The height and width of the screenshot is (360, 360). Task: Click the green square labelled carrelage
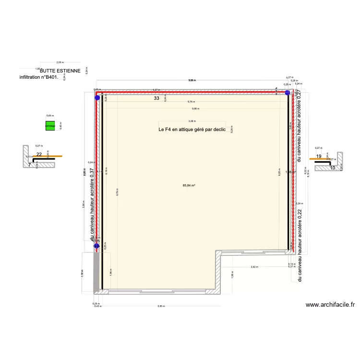point(50,126)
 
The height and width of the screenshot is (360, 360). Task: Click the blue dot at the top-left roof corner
point(97,97)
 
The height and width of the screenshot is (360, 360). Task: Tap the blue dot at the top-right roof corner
point(288,93)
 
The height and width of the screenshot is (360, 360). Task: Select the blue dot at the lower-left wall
point(96,246)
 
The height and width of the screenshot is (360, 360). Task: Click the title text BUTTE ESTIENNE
point(60,71)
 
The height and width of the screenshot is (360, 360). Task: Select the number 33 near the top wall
point(156,98)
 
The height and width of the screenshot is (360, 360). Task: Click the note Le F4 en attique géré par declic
point(195,130)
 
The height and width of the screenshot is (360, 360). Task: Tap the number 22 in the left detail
point(39,155)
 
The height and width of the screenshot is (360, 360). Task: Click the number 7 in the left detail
point(29,165)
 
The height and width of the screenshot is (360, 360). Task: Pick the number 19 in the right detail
point(319,156)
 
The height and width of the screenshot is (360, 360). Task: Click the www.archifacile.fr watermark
point(330,304)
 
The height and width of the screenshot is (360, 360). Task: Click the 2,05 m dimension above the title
point(60,62)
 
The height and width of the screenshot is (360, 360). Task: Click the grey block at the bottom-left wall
point(96,271)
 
